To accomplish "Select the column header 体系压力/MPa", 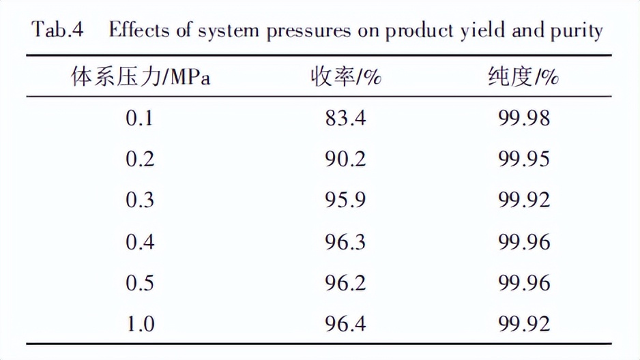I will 141,77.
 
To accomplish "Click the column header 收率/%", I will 345,77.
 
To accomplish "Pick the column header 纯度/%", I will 524,77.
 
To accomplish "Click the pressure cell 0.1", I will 140,119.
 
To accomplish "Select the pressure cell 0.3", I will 140,200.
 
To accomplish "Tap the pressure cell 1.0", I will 140,324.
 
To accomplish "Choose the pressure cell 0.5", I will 140,283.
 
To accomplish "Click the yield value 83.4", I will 345,119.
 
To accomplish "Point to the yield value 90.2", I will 345,159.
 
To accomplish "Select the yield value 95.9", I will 345,200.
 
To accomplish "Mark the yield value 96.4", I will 345,324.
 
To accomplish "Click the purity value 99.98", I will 524,119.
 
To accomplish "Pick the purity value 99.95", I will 524,159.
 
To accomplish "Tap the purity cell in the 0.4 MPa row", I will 524,242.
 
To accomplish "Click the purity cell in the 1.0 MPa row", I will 524,324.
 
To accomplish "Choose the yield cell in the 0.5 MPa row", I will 345,283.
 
